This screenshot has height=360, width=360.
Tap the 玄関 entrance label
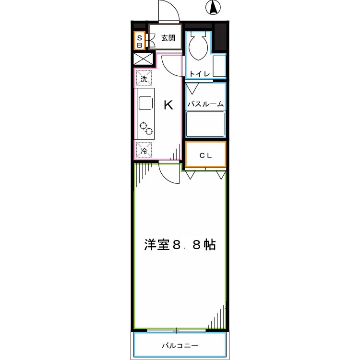(168, 38)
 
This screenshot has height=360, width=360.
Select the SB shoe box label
(140, 41)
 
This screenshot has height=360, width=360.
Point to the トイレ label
(198, 73)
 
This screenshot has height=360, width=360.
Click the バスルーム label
(205, 104)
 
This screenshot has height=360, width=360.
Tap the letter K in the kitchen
(168, 105)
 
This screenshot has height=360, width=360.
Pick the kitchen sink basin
(145, 103)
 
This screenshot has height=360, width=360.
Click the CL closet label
(205, 155)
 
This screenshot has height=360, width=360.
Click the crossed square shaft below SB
(144, 60)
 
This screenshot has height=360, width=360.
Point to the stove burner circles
(146, 128)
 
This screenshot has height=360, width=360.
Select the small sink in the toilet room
(219, 66)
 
